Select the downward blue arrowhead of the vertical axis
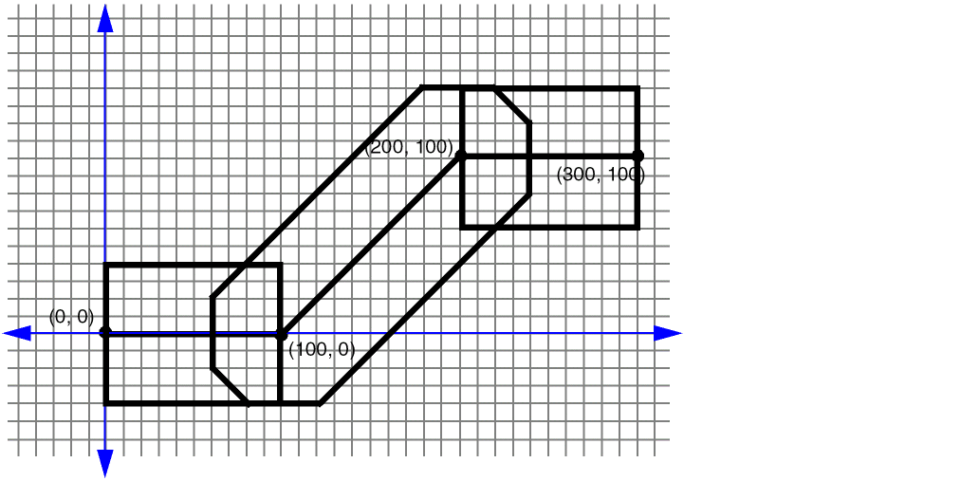(x=105, y=463)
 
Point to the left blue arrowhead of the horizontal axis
(x=17, y=333)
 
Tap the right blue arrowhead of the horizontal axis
(x=668, y=333)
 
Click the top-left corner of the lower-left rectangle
(x=105, y=265)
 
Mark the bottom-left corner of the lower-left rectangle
(x=105, y=403)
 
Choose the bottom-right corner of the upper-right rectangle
(x=638, y=228)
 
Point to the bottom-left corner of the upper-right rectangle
(x=461, y=228)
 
